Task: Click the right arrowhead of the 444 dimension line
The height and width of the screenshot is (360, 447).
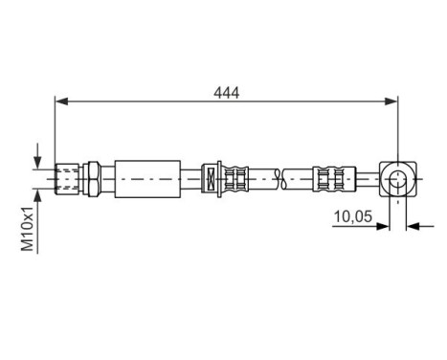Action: pyautogui.click(x=392, y=100)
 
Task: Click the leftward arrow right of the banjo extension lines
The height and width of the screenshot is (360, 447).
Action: pyautogui.click(x=413, y=227)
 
